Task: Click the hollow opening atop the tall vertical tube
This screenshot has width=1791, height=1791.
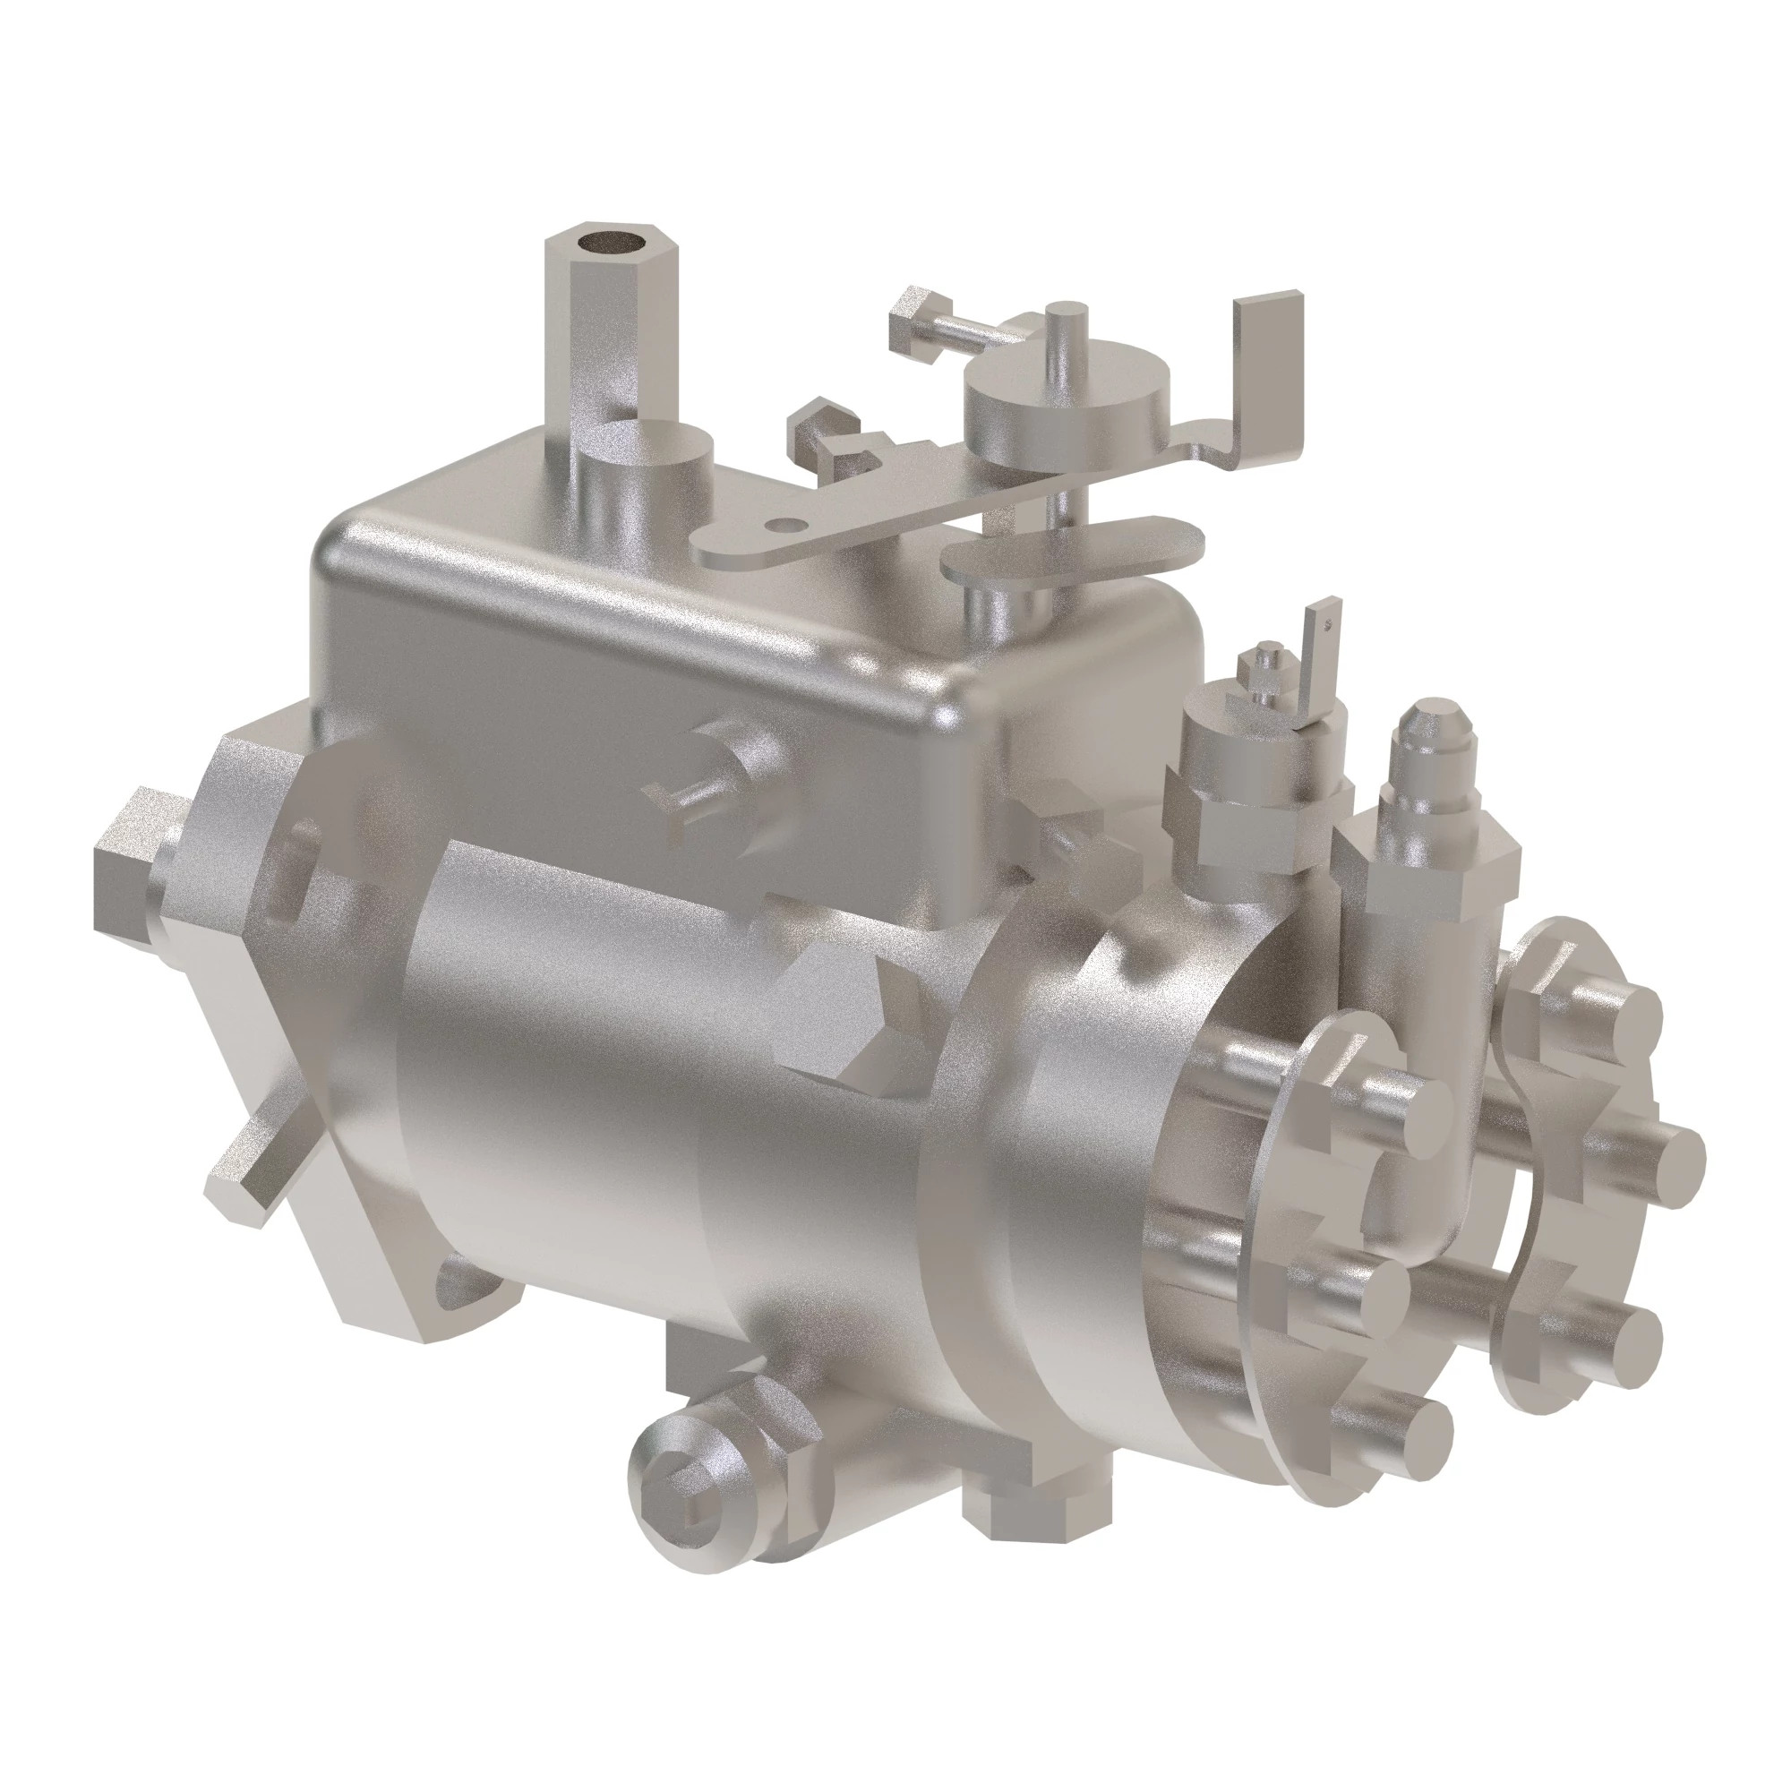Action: tap(610, 244)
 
